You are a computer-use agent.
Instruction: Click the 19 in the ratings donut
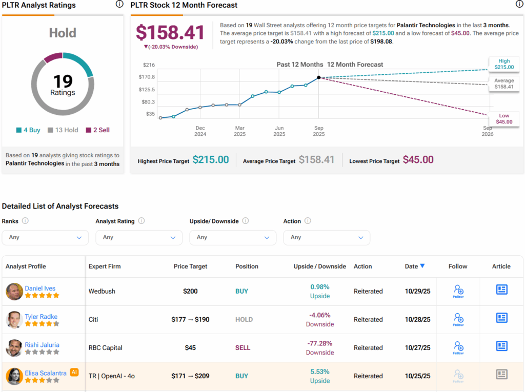[63, 81]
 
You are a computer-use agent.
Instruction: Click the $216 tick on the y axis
[149, 65]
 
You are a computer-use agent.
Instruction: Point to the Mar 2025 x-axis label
[240, 131]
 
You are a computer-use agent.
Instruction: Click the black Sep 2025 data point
[319, 77]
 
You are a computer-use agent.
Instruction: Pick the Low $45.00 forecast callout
[503, 119]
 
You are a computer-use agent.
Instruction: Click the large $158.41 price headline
[170, 32]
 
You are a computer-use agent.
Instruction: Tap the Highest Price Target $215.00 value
[211, 160]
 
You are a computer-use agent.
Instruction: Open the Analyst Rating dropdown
[139, 237]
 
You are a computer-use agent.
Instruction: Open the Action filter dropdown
[327, 237]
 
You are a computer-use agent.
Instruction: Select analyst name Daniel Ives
[40, 288]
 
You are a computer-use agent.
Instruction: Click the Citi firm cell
[93, 320]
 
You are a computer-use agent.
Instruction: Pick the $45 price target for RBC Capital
[190, 348]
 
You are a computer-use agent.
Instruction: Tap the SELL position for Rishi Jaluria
[243, 348]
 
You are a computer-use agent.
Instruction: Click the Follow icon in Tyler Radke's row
[458, 319]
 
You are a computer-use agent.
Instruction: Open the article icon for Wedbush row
[501, 290]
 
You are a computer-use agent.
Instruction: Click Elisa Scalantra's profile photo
[14, 376]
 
